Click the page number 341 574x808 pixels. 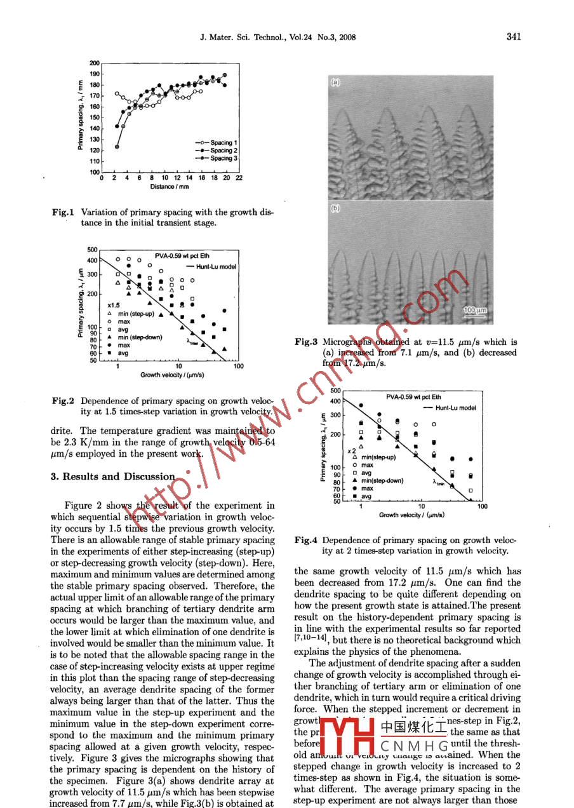(513, 36)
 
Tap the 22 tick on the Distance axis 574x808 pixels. (239, 178)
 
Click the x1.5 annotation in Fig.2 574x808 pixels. (114, 306)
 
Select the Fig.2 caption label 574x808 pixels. (63, 401)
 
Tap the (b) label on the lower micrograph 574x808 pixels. (335, 208)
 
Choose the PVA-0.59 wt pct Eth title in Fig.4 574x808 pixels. (413, 396)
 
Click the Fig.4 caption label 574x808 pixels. (306, 541)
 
